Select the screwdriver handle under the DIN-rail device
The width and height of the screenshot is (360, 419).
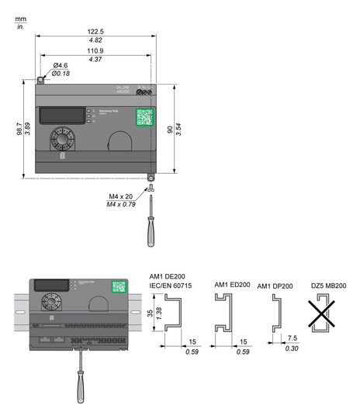pyautogui.click(x=78, y=387)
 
